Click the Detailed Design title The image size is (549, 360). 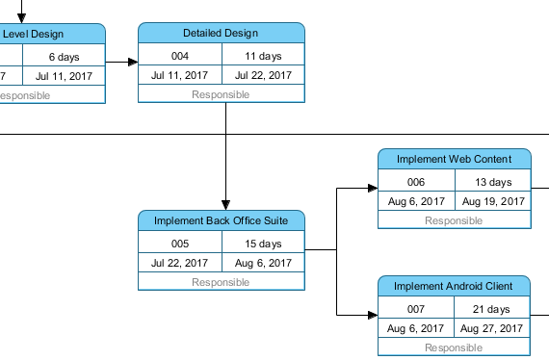click(x=221, y=34)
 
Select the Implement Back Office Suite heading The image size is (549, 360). click(x=221, y=221)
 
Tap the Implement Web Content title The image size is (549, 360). click(x=453, y=159)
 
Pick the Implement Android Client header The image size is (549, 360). click(x=453, y=287)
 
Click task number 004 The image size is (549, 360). click(x=180, y=56)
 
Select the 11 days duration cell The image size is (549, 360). click(x=263, y=56)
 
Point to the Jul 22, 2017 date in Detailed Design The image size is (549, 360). click(x=263, y=75)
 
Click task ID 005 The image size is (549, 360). click(x=180, y=244)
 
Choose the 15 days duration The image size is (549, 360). click(x=263, y=244)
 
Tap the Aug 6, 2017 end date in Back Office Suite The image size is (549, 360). click(x=263, y=263)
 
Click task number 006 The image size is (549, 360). click(x=416, y=182)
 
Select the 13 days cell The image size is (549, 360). click(x=492, y=182)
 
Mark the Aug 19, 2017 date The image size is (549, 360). click(x=492, y=201)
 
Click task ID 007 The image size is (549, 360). click(x=416, y=309)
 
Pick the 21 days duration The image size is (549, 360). click(x=492, y=309)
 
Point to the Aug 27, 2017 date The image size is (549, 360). click(x=492, y=328)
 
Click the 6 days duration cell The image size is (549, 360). click(x=64, y=58)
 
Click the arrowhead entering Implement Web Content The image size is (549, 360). click(x=372, y=189)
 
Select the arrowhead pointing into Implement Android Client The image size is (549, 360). click(x=372, y=315)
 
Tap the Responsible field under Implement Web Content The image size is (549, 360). click(x=453, y=220)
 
